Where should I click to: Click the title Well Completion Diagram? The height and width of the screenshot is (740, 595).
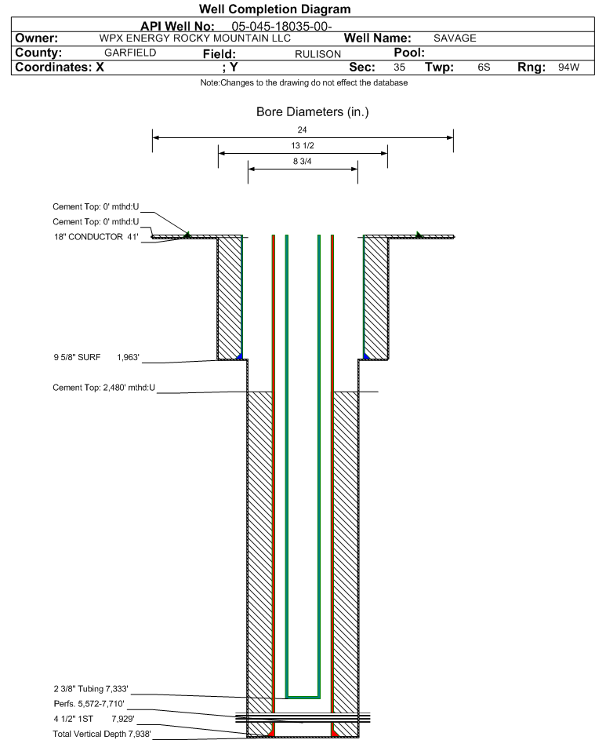pos(275,9)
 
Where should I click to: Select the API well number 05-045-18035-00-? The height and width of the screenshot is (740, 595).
pos(281,27)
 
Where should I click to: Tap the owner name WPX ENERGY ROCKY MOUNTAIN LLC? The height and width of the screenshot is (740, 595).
pos(194,38)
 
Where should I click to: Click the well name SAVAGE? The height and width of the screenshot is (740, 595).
pos(455,38)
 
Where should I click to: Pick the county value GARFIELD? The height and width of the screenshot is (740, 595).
pos(130,53)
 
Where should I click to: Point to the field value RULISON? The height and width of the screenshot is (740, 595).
pos(317,54)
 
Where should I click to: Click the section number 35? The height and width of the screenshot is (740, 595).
pos(399,67)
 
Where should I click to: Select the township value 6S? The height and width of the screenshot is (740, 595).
pos(484,67)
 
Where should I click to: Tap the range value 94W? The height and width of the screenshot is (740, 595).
pos(568,67)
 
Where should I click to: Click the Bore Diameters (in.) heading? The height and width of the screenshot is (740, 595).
pos(313,112)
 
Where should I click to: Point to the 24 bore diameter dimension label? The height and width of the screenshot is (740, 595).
pos(303,129)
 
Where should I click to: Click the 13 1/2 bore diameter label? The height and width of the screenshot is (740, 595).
pos(303,146)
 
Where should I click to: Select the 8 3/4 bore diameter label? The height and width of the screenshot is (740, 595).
pos(303,162)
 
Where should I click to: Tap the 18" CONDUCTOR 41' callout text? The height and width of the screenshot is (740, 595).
pos(96,237)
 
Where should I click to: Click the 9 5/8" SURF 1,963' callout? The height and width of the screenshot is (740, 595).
pos(96,357)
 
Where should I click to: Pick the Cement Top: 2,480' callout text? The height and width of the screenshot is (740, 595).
pos(103,388)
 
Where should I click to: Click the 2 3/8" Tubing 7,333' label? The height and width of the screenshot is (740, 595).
pos(91,689)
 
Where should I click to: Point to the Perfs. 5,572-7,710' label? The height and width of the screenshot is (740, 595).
pos(89,704)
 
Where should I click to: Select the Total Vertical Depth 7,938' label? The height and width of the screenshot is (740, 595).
pos(102,734)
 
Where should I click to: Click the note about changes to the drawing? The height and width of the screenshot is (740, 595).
pos(304,83)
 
